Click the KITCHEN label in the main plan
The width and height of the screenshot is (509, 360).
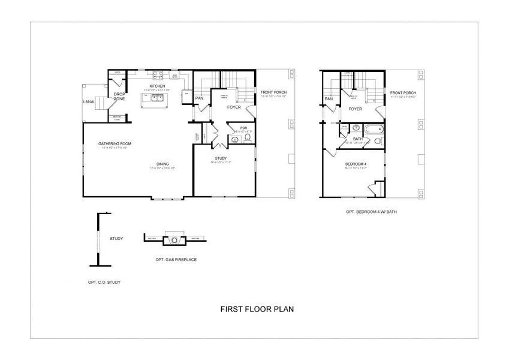[158, 86]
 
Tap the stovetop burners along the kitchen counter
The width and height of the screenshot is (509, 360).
[158, 76]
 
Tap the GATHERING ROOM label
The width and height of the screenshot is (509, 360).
[115, 144]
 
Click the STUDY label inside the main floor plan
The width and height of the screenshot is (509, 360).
[220, 158]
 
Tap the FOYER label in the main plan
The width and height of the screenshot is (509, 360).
[234, 109]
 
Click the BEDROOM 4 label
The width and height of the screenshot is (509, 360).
[356, 164]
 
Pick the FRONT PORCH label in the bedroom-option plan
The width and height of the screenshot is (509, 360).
[403, 93]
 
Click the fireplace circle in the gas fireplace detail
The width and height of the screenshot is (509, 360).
[174, 240]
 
